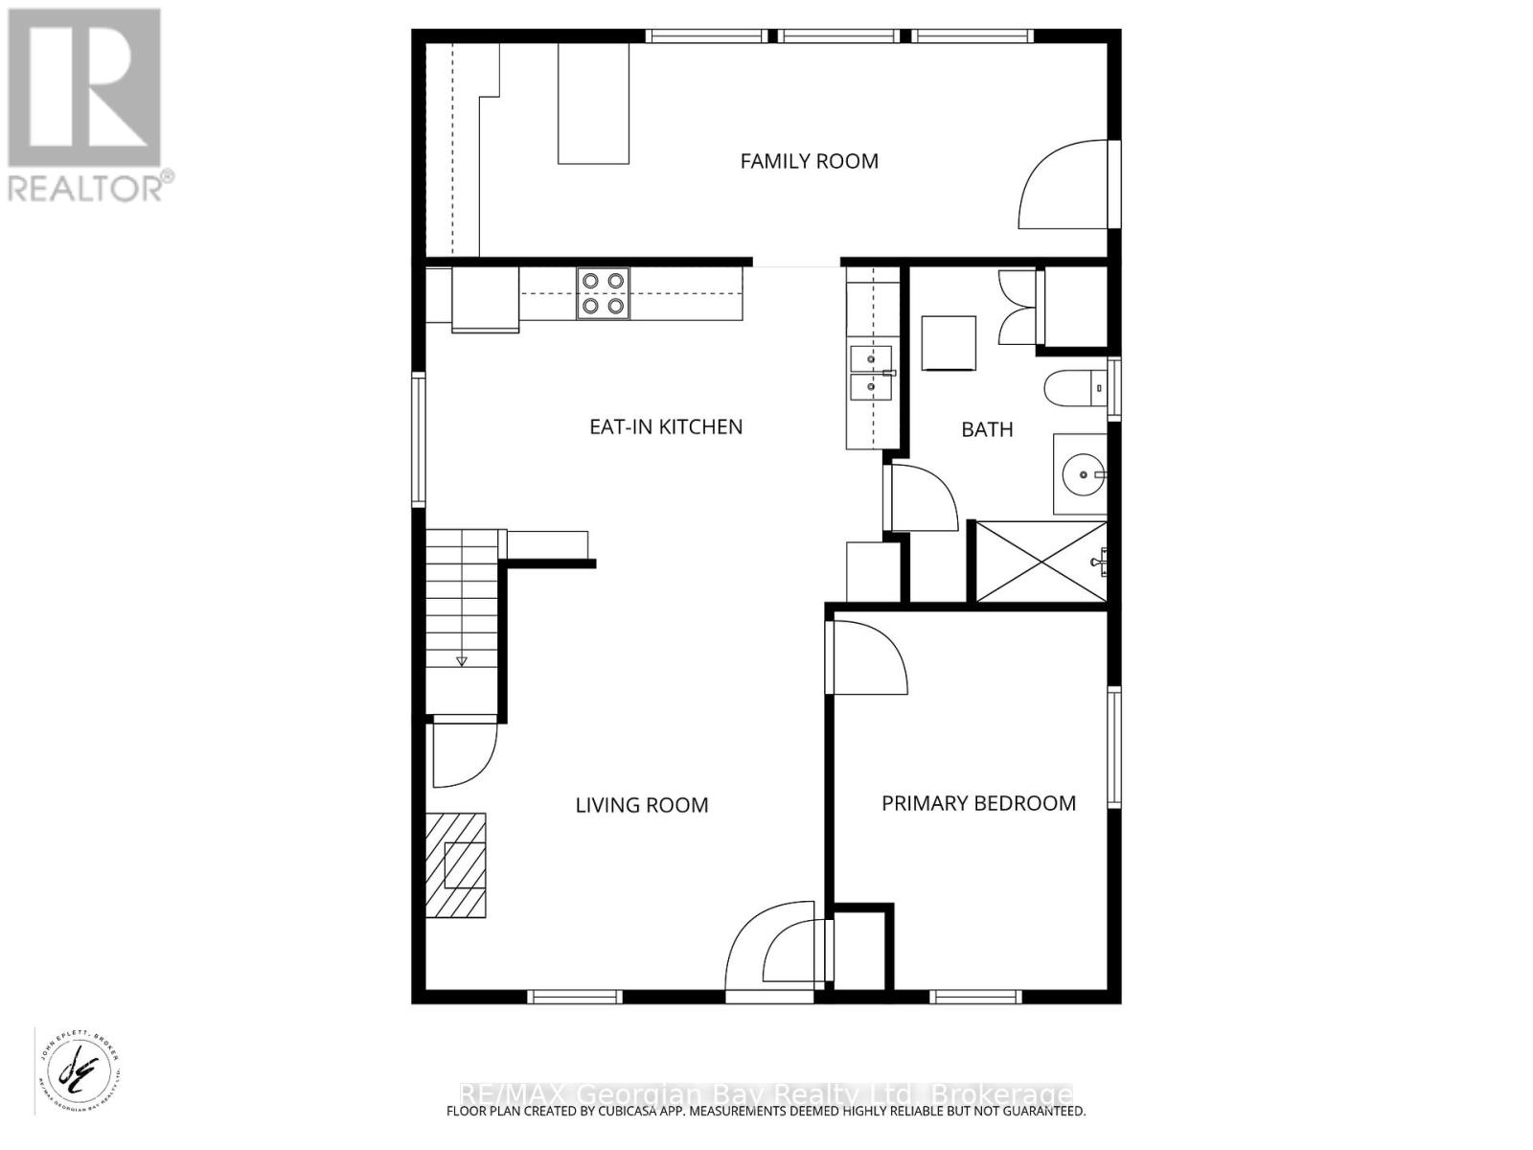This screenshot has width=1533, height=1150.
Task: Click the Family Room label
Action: pyautogui.click(x=809, y=161)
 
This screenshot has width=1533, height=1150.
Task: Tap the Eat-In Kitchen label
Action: pyautogui.click(x=666, y=426)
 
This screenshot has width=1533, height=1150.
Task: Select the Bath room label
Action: pyautogui.click(x=987, y=429)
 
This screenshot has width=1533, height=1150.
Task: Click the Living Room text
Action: pyautogui.click(x=641, y=805)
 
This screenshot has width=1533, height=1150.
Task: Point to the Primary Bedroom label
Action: pyautogui.click(x=978, y=803)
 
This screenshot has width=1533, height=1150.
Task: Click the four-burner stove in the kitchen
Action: pyautogui.click(x=603, y=293)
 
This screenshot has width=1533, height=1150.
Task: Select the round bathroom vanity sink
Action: pyautogui.click(x=1082, y=473)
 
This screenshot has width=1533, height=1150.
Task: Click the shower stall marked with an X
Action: pyautogui.click(x=1040, y=563)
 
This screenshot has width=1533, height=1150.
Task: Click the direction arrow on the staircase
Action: pyautogui.click(x=462, y=660)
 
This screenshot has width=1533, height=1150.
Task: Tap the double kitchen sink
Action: pyautogui.click(x=870, y=372)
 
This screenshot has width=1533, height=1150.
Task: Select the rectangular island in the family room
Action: pyautogui.click(x=594, y=103)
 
